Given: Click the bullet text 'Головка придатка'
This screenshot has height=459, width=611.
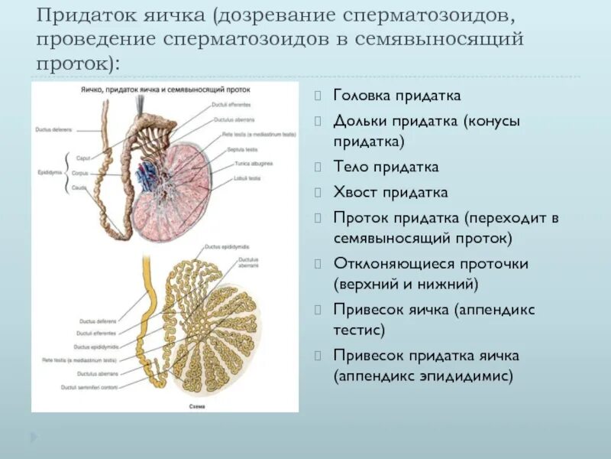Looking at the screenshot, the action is coord(396,96).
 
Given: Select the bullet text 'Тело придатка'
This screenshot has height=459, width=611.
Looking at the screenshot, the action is coord(386,167).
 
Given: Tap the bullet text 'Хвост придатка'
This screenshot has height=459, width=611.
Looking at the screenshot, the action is coord(390,192).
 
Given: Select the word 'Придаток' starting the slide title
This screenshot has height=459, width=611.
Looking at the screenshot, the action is coord(84,15).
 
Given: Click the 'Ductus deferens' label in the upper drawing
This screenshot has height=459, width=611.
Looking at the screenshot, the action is coord(52,129).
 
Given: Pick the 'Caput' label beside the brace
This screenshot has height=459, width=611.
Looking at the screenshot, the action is coord(82,158).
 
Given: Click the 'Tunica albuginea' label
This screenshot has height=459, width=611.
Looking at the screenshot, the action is coord(249,164).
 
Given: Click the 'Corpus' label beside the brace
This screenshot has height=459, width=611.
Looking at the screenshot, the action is coord(82,173).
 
